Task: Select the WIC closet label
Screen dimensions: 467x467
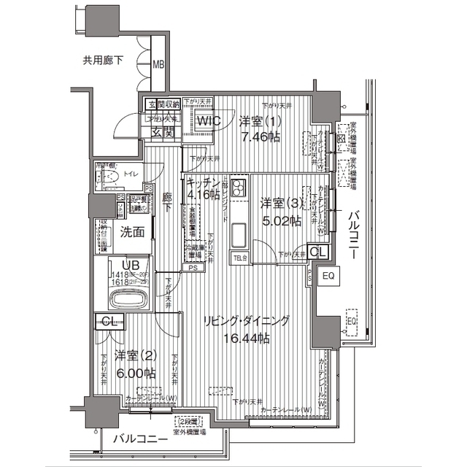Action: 207,121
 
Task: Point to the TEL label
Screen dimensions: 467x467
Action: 239,258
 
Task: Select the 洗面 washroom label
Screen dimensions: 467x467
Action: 132,233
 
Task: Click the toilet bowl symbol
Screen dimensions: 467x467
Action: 112,178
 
